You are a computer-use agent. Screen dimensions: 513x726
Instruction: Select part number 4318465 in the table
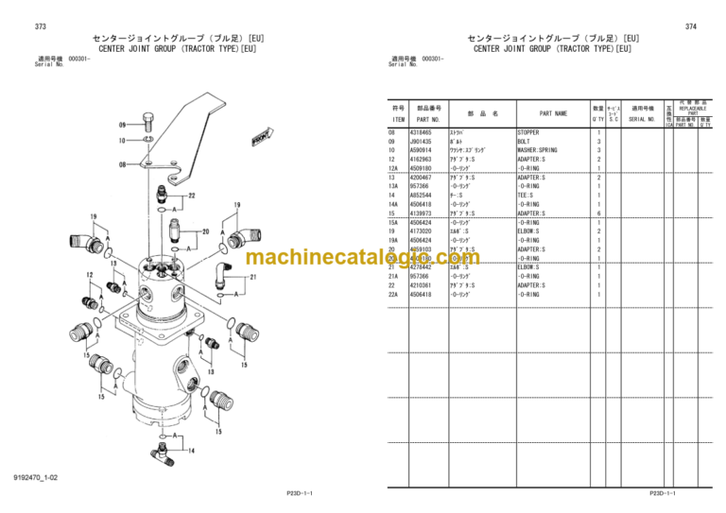[421, 132]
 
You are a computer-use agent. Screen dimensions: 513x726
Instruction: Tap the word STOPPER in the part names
[531, 132]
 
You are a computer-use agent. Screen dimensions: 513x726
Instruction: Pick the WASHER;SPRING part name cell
[543, 150]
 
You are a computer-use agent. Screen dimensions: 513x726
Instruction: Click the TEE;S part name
[526, 195]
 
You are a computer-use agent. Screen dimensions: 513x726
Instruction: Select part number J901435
[421, 141]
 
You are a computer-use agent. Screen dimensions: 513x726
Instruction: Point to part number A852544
[421, 195]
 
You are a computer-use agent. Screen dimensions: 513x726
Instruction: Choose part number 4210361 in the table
[421, 285]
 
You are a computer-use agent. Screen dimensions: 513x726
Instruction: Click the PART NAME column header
[553, 113]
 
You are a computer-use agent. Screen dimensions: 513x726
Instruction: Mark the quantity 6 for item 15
[598, 213]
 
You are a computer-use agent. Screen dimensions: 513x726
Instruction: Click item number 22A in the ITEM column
[395, 295]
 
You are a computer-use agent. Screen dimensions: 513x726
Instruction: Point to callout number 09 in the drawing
[121, 126]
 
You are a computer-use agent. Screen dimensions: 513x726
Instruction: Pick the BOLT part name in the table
[525, 141]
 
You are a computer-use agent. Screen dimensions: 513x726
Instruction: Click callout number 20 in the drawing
[205, 231]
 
